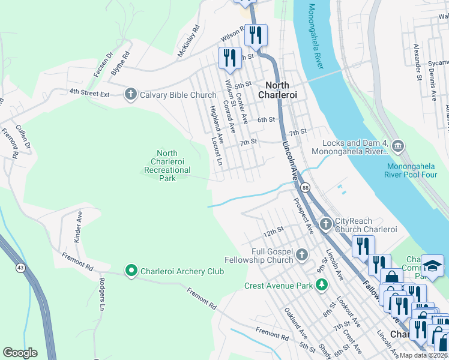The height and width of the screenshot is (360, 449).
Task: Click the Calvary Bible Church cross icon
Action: pyautogui.click(x=130, y=94)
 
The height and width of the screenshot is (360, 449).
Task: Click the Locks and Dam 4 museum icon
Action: pyautogui.click(x=398, y=146)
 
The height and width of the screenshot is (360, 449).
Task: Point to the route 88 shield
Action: pyautogui.click(x=306, y=188)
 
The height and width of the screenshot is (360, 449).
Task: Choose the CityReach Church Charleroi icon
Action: pyautogui.click(x=325, y=224)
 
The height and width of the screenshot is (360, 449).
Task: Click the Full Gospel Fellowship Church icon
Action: pyautogui.click(x=301, y=254)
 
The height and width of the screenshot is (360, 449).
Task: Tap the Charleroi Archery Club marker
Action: pyautogui.click(x=131, y=271)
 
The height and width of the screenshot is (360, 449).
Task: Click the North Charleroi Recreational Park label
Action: pyautogui.click(x=167, y=166)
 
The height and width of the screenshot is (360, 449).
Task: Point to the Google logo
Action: pyautogui.click(x=20, y=353)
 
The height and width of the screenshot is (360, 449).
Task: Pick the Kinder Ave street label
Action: pyautogui.click(x=77, y=227)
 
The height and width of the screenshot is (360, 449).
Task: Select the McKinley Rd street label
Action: pyautogui.click(x=188, y=41)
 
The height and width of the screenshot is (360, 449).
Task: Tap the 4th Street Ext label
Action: pyautogui.click(x=89, y=92)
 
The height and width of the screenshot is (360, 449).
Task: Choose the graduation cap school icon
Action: pyautogui.click(x=432, y=266)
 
